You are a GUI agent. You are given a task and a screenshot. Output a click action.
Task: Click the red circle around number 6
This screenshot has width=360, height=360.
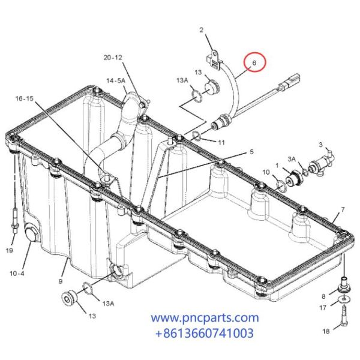[254, 63]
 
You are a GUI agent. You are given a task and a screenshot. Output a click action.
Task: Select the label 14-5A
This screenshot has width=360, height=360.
[116, 80]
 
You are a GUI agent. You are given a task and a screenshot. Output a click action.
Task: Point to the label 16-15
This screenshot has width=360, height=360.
[25, 98]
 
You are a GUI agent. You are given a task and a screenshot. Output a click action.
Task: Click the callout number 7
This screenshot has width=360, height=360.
[342, 210]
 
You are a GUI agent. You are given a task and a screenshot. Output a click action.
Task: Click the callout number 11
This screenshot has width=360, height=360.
[221, 142]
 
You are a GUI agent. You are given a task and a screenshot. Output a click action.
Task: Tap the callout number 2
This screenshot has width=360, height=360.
[202, 29]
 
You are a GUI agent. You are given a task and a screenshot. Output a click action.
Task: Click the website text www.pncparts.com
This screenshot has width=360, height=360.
[205, 317]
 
